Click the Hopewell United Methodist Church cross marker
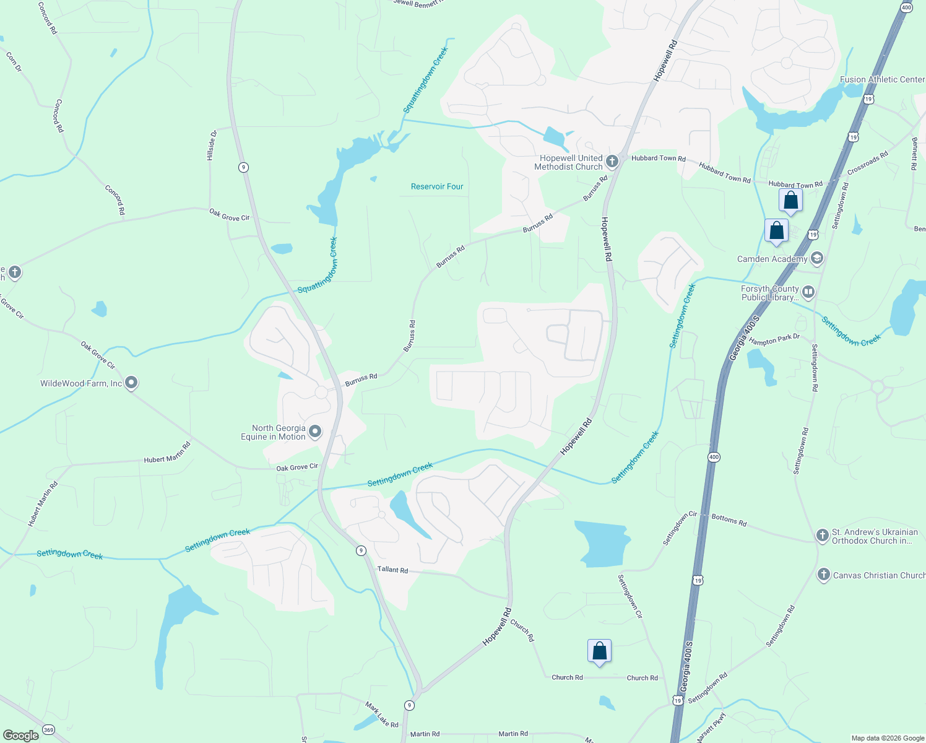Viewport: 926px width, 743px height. coord(612,162)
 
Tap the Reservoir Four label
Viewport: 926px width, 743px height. coord(437,186)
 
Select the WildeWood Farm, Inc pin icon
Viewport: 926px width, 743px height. coord(131,383)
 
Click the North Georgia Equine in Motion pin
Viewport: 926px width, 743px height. coord(315,432)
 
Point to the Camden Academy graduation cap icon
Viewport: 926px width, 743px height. coord(816,258)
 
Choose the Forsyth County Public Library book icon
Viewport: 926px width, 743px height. coord(808,292)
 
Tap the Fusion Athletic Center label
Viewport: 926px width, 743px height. coord(882,79)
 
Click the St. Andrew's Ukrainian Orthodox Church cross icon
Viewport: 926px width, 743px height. coord(822,536)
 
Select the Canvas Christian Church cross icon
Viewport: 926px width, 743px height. coord(823,575)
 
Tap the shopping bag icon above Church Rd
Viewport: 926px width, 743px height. coord(599,651)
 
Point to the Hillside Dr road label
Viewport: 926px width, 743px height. coord(212,146)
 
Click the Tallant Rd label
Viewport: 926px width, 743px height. coord(393,569)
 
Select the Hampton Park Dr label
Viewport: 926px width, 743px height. coord(774,340)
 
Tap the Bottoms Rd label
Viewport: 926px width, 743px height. coord(729,520)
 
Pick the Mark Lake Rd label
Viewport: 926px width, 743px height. coord(381,715)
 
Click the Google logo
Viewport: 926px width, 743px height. coord(20,735)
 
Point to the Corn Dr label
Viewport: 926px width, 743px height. coord(13,62)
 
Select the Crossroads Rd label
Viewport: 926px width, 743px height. coord(868,163)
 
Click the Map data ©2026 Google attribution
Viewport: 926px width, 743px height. coord(887,738)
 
